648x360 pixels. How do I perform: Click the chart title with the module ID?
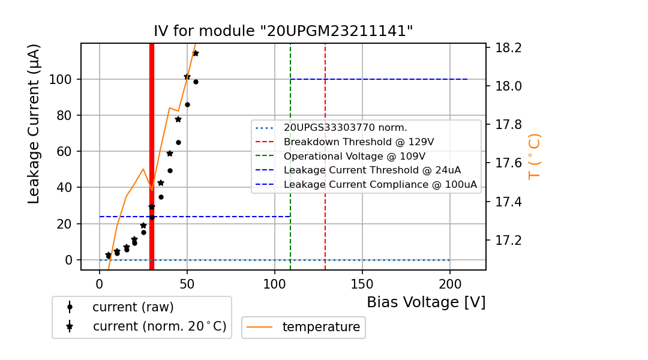coord(283,31)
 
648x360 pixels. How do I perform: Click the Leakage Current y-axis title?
coord(34,124)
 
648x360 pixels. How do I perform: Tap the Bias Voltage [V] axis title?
coord(426,302)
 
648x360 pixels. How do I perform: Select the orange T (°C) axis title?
coord(534,157)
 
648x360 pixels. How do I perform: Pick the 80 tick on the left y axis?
coord(64,115)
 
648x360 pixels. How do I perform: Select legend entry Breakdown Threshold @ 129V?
coord(359,142)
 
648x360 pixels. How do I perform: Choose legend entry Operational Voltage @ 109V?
coord(359,156)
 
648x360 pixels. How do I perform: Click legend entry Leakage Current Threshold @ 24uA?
coord(372,170)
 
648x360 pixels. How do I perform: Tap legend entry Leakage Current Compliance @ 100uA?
coord(380,185)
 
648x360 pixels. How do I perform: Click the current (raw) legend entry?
coord(133,307)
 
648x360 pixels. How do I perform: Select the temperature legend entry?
coord(321,327)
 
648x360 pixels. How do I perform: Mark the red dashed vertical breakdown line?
coord(325,90)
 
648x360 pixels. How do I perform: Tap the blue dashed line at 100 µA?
coord(378,79)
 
